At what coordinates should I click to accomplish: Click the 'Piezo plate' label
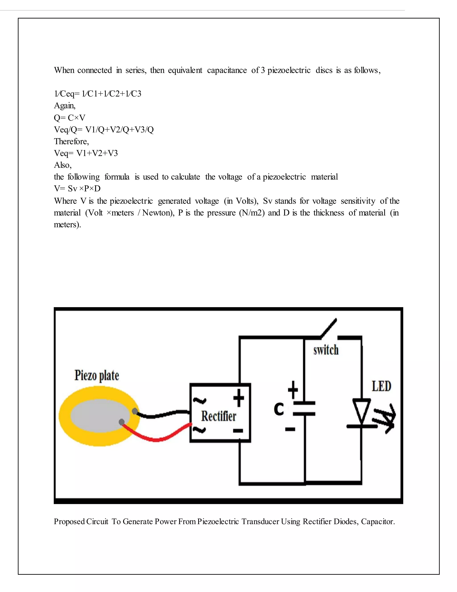97,376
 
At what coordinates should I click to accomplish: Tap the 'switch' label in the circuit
326,350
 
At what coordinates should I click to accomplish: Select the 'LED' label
381,386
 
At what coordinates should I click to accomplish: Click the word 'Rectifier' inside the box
218,416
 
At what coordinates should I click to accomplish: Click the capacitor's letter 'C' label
279,409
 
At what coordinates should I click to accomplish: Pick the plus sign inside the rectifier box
239,398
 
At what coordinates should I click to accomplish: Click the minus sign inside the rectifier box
238,430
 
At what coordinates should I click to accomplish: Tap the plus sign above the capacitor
293,390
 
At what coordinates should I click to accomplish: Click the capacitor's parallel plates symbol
304,409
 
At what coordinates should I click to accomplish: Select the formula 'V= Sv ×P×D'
77,189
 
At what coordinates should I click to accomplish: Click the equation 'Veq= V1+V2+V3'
86,153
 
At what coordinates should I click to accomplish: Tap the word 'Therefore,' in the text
71,141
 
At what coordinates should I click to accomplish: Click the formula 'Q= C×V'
70,118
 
